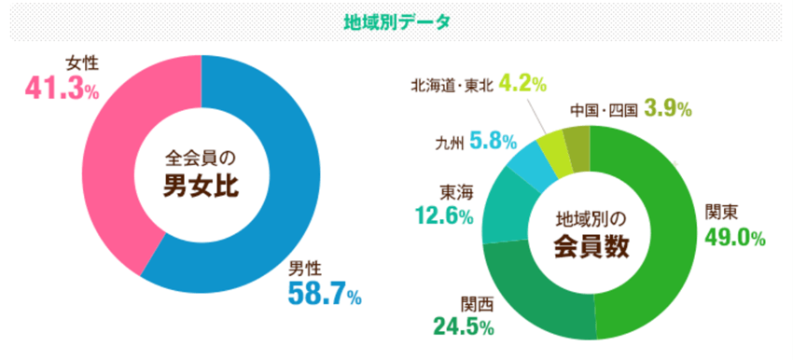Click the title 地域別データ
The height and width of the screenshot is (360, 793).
[397, 21]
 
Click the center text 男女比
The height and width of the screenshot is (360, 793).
[202, 186]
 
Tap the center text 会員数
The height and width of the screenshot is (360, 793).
[590, 246]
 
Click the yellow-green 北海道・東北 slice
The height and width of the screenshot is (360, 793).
[561, 150]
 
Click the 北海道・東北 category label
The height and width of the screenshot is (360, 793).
[452, 85]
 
